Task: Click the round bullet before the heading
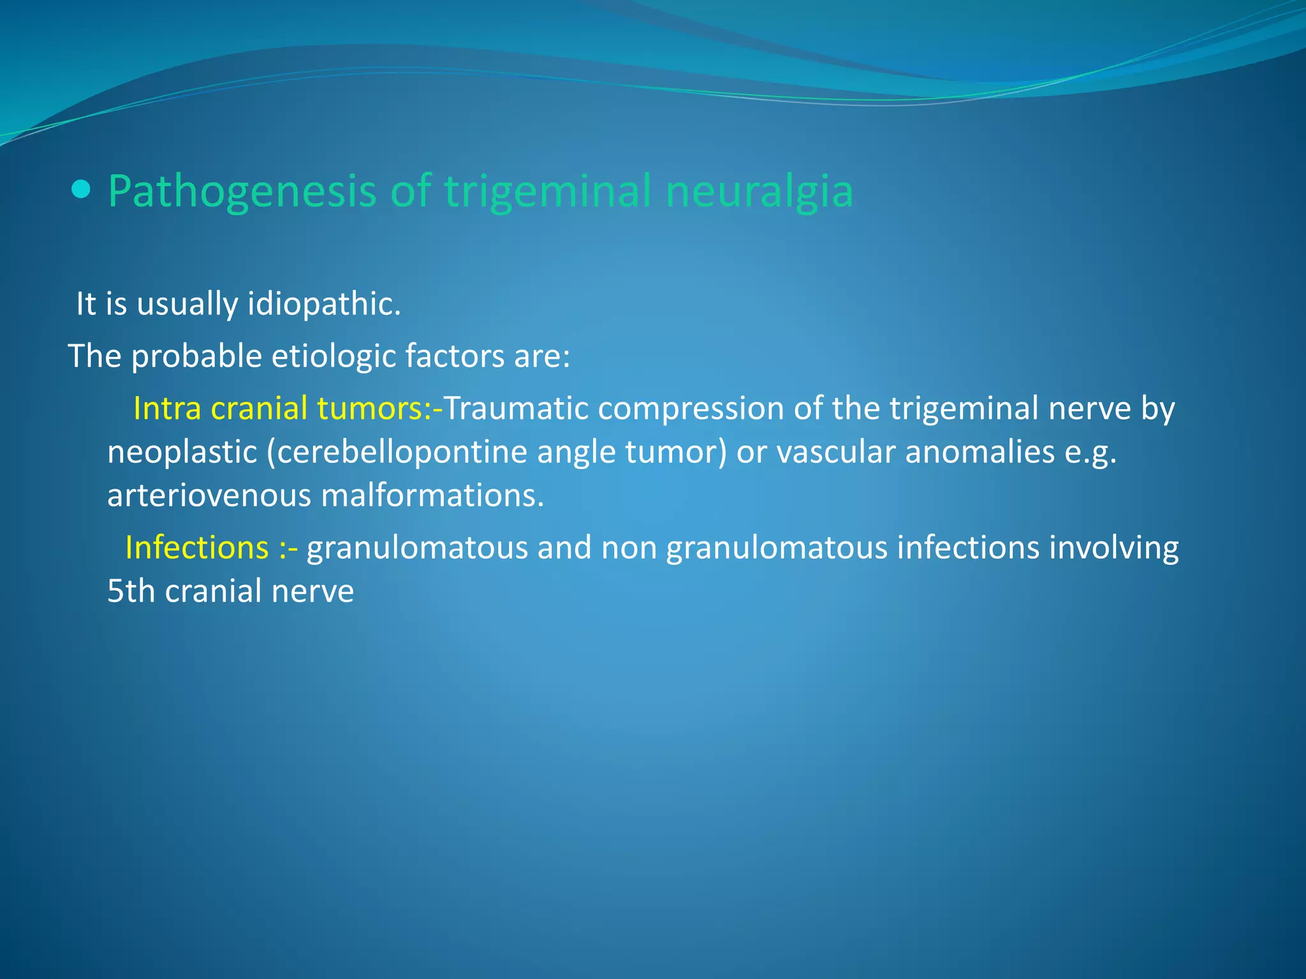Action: coord(82,189)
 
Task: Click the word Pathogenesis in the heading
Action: coord(242,191)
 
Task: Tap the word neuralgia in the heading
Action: coord(759,191)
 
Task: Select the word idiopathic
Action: coord(324,304)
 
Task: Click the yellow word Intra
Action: coord(167,409)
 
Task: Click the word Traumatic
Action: coord(515,409)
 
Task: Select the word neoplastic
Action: coord(181,453)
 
